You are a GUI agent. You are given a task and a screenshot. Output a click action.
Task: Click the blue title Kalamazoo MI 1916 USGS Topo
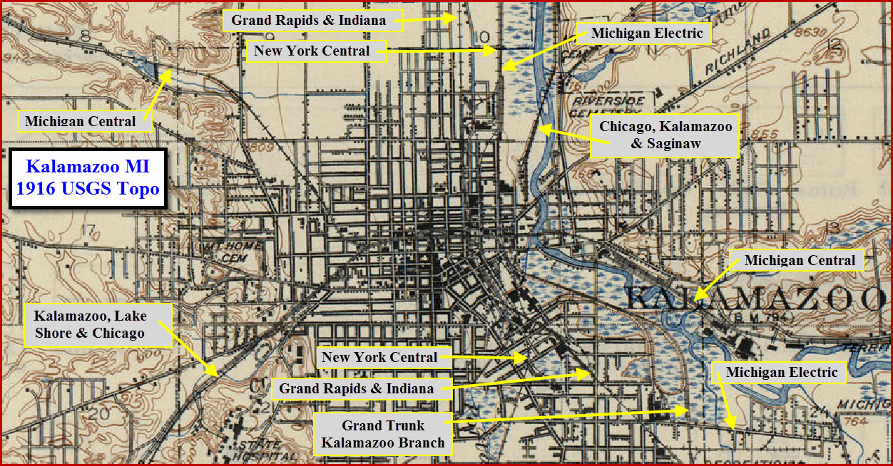point(88,178)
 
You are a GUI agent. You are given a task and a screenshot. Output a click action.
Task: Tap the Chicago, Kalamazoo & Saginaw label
point(665,135)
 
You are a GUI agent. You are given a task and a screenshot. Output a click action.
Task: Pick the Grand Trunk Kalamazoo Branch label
point(382,434)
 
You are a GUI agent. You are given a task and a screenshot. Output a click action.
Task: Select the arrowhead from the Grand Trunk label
point(685,410)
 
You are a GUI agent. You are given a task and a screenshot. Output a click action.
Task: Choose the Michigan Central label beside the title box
point(80,121)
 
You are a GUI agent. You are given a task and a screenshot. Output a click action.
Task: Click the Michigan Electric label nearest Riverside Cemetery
point(647,33)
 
